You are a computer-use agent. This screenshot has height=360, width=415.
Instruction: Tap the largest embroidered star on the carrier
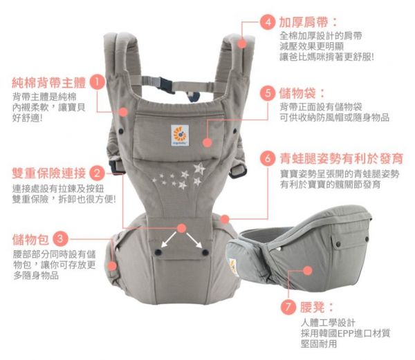(199, 168)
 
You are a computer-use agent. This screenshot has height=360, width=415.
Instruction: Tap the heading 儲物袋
(303, 93)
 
